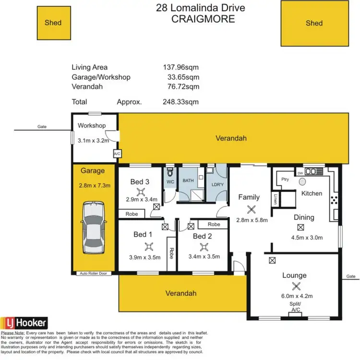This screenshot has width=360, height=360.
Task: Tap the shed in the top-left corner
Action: tap(53, 22)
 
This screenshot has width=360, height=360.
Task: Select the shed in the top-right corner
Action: tap(314, 23)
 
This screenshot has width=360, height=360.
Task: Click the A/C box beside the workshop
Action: tap(116, 154)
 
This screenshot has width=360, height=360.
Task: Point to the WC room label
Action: tap(170, 182)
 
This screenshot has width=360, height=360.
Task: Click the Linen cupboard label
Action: tap(276, 199)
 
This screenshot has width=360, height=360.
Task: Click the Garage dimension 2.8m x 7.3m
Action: tap(95, 185)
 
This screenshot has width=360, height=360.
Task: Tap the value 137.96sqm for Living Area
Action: tap(181, 67)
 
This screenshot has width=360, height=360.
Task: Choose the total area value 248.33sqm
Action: tap(181, 102)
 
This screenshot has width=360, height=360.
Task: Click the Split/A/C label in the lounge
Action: tap(296, 308)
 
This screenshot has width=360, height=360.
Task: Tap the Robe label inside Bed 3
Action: tap(132, 214)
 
